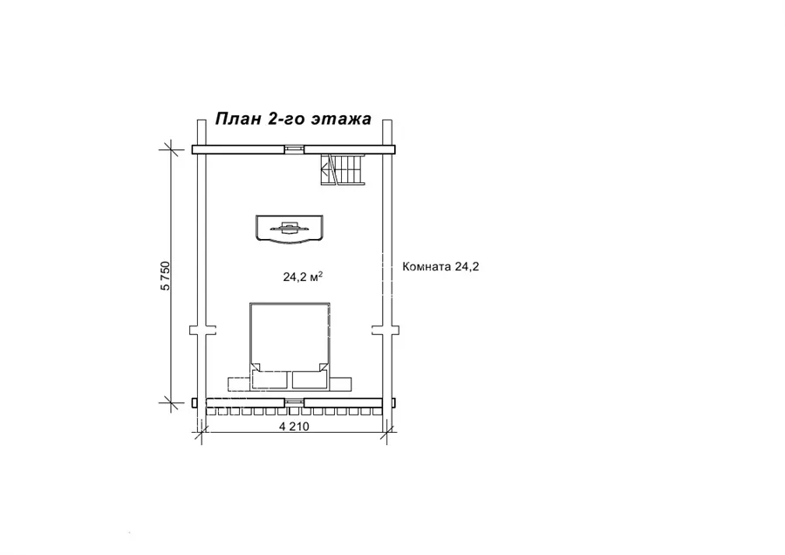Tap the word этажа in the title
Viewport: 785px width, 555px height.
341,120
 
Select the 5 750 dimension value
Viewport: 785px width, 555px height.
165,276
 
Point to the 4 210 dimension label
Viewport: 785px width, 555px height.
294,426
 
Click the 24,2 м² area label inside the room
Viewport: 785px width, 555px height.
303,277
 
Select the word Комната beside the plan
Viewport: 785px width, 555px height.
427,266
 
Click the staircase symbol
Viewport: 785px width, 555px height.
343,170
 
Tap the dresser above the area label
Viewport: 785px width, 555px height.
290,230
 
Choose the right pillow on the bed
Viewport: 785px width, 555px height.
310,380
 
